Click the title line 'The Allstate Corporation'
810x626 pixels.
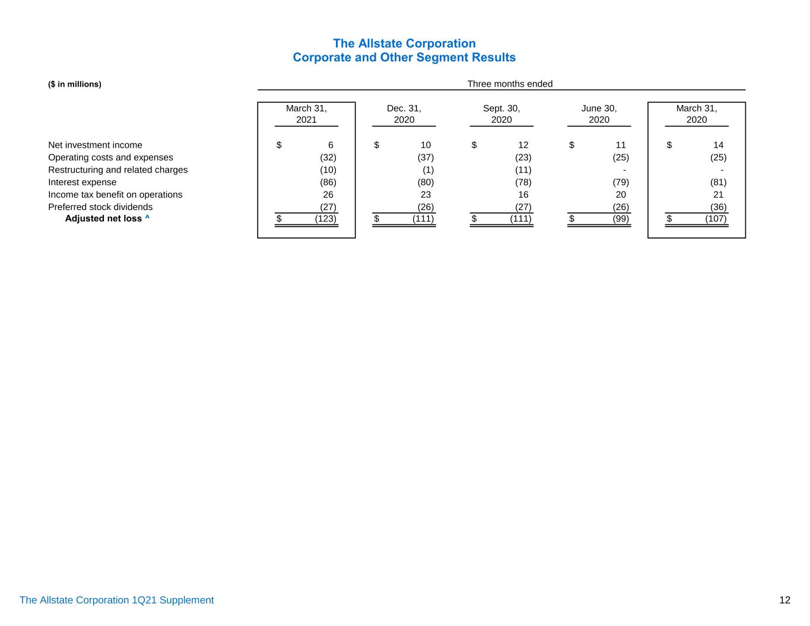tap(404, 43)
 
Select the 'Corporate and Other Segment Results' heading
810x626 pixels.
tap(404, 58)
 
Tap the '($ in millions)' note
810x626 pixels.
tap(75, 84)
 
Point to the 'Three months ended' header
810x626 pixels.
tap(510, 84)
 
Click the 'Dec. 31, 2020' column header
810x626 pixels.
tap(404, 114)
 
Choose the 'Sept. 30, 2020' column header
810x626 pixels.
tap(501, 114)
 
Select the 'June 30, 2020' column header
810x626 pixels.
tap(599, 114)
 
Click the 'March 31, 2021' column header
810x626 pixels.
tap(306, 114)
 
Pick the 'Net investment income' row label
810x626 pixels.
tap(95, 145)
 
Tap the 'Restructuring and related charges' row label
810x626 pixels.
tap(117, 170)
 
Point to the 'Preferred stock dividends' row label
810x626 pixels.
tap(100, 207)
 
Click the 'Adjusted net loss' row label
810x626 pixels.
tap(103, 218)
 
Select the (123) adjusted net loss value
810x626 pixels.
tap(325, 219)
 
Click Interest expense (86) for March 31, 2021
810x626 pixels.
tap(328, 182)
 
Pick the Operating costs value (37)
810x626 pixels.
tap(425, 157)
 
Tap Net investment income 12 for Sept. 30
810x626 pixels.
tap(523, 145)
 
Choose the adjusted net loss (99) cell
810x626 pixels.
tap(621, 219)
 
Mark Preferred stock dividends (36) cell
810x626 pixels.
tap(718, 207)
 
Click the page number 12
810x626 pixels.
tap(784, 600)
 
